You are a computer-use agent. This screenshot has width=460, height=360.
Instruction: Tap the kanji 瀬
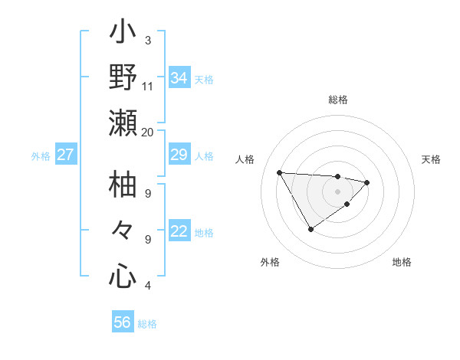pyautogui.click(x=123, y=123)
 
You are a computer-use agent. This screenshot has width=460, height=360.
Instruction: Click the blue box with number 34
pyautogui.click(x=179, y=78)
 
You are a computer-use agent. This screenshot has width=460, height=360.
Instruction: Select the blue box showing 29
pyautogui.click(x=179, y=155)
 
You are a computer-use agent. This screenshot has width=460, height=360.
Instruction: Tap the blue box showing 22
pyautogui.click(x=179, y=231)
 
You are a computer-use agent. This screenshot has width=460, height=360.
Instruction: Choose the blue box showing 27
pyautogui.click(x=66, y=155)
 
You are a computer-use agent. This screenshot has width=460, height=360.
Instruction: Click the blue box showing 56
pyautogui.click(x=123, y=322)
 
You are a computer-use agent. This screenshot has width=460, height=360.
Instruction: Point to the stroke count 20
pyautogui.click(x=147, y=132)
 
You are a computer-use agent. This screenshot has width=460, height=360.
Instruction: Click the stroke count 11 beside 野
pyautogui.click(x=147, y=86)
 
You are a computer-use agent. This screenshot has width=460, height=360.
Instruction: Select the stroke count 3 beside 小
pyautogui.click(x=147, y=40)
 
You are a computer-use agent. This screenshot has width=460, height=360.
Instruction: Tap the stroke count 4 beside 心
pyautogui.click(x=147, y=286)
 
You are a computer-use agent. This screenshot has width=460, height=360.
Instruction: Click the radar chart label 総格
pyautogui.click(x=337, y=100)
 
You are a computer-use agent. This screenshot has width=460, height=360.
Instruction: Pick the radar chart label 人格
pyautogui.click(x=245, y=159)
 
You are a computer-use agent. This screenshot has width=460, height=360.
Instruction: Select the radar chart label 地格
pyautogui.click(x=402, y=262)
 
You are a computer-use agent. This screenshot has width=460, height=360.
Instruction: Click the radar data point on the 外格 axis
pyautogui.click(x=310, y=229)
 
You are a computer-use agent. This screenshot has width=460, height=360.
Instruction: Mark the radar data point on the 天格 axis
pyautogui.click(x=368, y=182)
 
